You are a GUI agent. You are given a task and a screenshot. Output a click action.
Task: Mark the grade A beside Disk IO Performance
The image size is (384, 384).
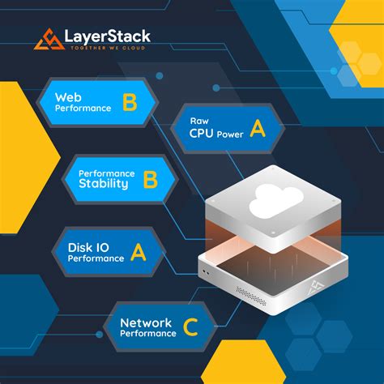139,253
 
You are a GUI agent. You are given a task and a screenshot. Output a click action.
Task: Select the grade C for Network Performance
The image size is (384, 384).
190,327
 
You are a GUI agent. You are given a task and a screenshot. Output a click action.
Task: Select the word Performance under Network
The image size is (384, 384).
149,334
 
